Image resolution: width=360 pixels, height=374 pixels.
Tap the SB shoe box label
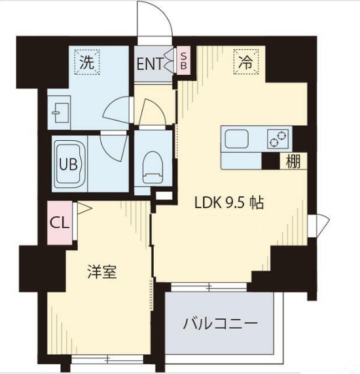[x=184, y=60]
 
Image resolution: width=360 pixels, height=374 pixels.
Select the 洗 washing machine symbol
[x=86, y=63]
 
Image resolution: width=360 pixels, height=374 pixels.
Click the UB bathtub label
[x=67, y=164]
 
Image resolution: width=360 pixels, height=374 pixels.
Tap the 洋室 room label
[x=102, y=272]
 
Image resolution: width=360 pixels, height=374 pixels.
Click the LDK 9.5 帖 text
[x=229, y=203]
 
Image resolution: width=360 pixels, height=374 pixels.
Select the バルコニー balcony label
[x=219, y=324]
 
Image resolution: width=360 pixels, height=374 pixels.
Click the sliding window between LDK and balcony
[x=209, y=287]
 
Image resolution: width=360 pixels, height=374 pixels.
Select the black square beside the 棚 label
[x=270, y=160]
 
